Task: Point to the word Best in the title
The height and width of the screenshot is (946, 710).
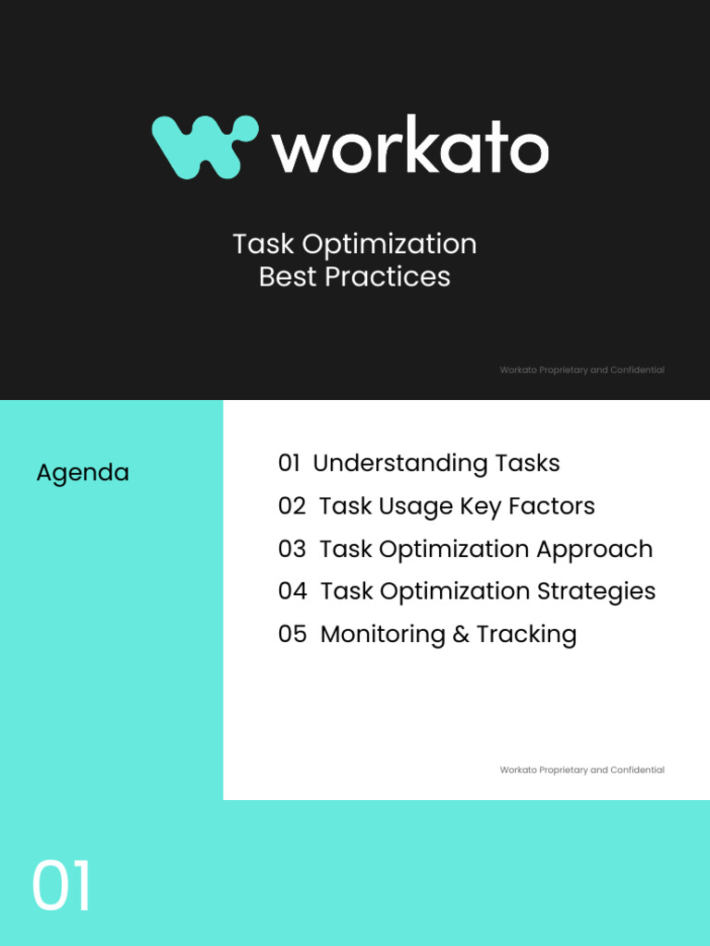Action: click(288, 276)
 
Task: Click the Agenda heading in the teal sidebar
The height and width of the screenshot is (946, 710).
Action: click(82, 473)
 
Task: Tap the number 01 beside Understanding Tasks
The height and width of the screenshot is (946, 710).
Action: click(289, 463)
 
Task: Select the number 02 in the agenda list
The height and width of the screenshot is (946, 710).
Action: click(291, 506)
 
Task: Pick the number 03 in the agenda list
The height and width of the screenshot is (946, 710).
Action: click(291, 549)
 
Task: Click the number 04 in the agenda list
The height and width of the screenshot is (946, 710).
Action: click(292, 591)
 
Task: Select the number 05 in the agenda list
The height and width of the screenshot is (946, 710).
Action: click(292, 634)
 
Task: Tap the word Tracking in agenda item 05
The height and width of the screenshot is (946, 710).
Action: click(526, 635)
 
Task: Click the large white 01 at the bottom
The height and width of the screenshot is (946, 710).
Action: click(62, 887)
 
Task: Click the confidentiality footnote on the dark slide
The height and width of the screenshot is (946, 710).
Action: click(581, 370)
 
